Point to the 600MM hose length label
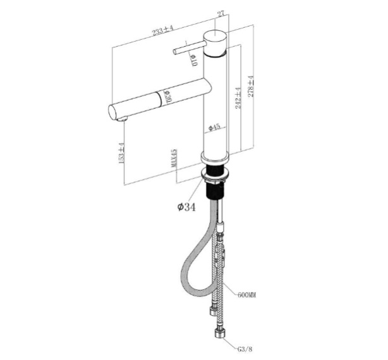coord(248,295)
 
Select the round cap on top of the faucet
coord(215,36)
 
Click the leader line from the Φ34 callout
coord(198,189)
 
